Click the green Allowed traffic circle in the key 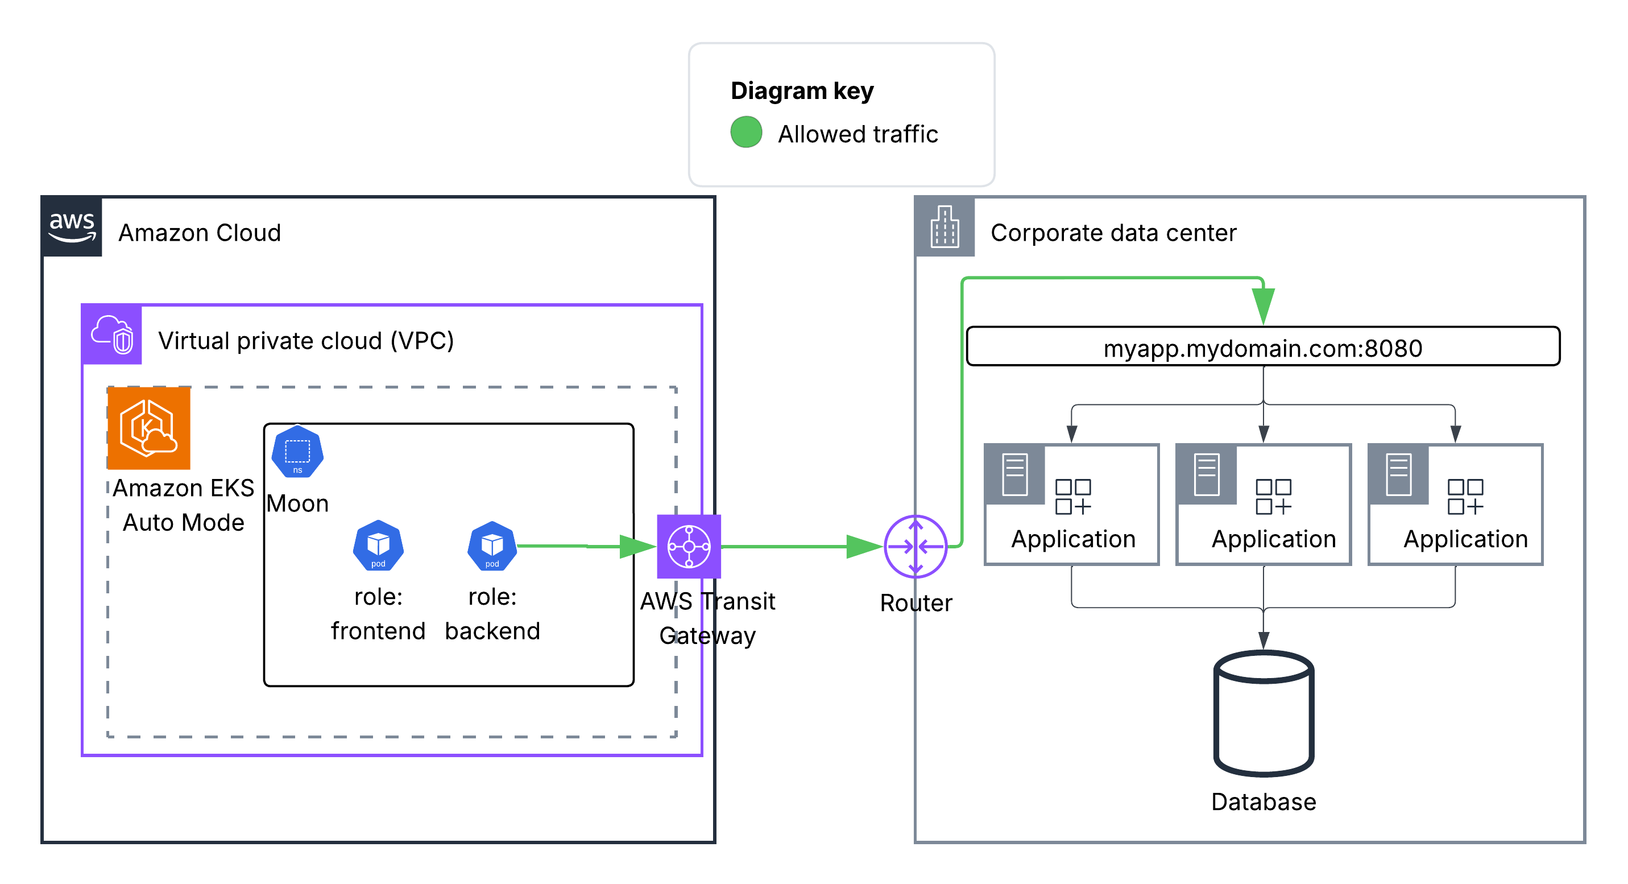[745, 132]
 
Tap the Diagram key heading [801, 91]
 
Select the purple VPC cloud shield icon [112, 334]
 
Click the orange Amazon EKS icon [149, 428]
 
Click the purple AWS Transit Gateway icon [688, 546]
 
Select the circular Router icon [915, 546]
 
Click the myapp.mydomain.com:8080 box [1263, 347]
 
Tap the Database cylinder [1264, 713]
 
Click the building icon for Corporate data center [944, 227]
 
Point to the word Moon [297, 504]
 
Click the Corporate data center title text [1113, 233]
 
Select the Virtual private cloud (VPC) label [306, 341]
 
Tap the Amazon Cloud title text [200, 233]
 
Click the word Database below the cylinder [1264, 802]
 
